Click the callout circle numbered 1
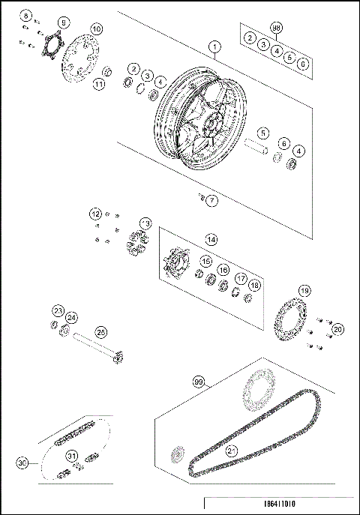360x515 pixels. coord(214,47)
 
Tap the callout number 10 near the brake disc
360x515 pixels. coord(96,29)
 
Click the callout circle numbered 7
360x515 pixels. coord(212,200)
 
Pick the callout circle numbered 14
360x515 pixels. coord(212,240)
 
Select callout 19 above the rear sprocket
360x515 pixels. coord(304,290)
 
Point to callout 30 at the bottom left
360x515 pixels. coord(24,464)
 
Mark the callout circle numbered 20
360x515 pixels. coord(337,329)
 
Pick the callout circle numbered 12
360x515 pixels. coord(95,214)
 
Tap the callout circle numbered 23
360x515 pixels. coord(58,310)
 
